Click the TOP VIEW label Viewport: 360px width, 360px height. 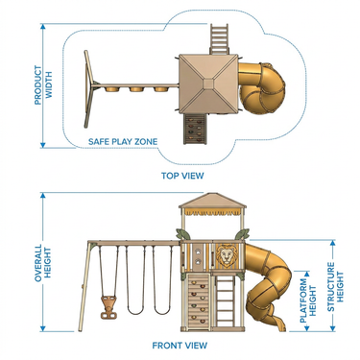[x=182, y=176]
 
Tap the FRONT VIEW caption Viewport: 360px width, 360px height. [x=180, y=346]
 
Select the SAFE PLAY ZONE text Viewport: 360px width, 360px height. [x=123, y=141]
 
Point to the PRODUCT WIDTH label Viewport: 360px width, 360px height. [x=43, y=85]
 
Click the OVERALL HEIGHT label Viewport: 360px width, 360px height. [x=43, y=263]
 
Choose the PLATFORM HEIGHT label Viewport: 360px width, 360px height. [x=307, y=300]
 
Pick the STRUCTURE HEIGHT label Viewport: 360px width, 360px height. [x=335, y=287]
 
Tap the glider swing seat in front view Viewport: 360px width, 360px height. [x=108, y=307]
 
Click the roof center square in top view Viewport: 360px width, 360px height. [x=208, y=84]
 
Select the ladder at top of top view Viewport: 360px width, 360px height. [x=219, y=38]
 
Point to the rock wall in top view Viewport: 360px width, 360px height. [x=195, y=129]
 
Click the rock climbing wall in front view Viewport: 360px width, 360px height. [x=198, y=301]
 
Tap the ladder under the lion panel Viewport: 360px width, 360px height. [x=226, y=300]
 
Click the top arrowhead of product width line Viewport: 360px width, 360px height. [x=43, y=26]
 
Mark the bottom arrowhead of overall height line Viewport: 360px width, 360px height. [x=43, y=328]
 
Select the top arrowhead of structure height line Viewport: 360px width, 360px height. [x=333, y=243]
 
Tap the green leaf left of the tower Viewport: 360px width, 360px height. [x=182, y=234]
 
